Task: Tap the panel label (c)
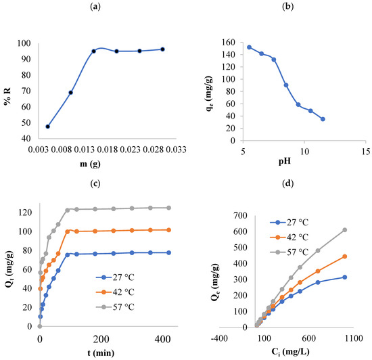coord(95,181)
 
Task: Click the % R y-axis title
coord(9,90)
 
